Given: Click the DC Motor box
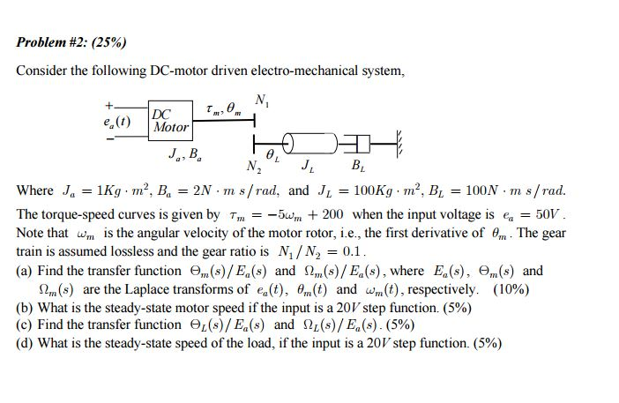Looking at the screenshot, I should (x=170, y=121).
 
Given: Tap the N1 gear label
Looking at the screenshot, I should (x=261, y=100).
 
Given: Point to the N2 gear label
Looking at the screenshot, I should (x=253, y=165).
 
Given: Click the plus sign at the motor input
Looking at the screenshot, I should (x=108, y=107).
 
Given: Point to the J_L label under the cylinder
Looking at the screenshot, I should (x=306, y=164).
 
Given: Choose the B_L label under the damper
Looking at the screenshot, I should (x=356, y=165).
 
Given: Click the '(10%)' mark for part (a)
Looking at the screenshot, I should (x=511, y=289).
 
